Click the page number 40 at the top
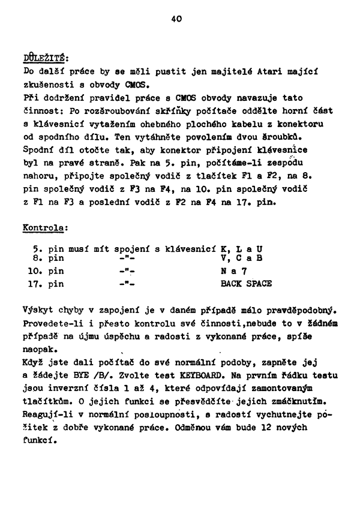pyautogui.click(x=176, y=19)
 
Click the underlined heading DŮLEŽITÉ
pyautogui.click(x=46, y=59)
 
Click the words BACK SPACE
pyautogui.click(x=246, y=283)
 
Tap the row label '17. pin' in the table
pyautogui.click(x=46, y=284)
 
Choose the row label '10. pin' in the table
pyautogui.click(x=46, y=271)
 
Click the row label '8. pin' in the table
pyautogui.click(x=48, y=259)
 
